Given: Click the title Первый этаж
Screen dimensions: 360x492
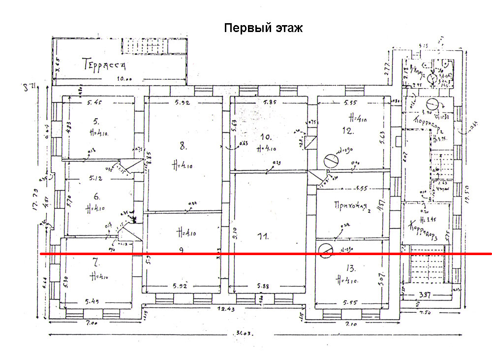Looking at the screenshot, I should point(263,28).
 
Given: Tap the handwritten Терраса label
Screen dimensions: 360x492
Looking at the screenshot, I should point(104,65).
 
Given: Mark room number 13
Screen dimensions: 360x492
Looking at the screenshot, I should point(350,268).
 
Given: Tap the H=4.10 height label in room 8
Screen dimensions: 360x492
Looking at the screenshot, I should point(183,164).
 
